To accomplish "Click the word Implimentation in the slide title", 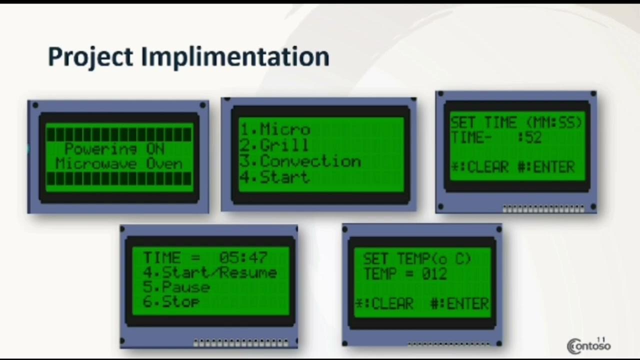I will (x=235, y=57).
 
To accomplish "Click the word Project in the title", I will (x=90, y=57).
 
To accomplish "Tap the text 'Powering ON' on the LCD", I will (x=114, y=148).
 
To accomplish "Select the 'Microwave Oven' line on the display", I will (x=119, y=163).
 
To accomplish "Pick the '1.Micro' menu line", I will (x=275, y=129).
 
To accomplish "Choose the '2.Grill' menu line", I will (x=274, y=145).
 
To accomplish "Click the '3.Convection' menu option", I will (x=300, y=161).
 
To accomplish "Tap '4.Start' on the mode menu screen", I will (x=274, y=177).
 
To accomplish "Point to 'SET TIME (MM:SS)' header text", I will (x=516, y=122).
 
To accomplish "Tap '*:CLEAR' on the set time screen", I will (x=480, y=167).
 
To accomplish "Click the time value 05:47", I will (x=243, y=257).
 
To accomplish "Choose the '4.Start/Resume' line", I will (x=209, y=272).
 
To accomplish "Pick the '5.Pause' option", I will (x=176, y=287).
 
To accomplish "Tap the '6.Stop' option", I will (x=171, y=301).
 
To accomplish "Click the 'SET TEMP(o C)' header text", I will (x=417, y=258).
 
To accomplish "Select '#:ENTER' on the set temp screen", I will (x=459, y=303).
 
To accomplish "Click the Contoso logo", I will (x=588, y=345).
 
